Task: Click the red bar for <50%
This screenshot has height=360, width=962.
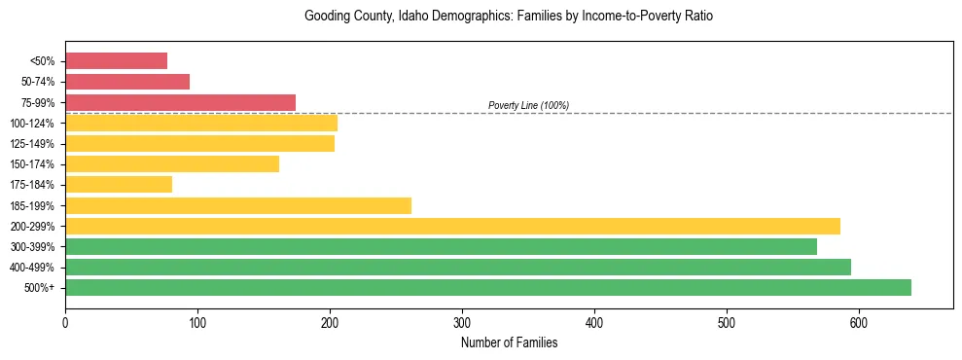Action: (116, 61)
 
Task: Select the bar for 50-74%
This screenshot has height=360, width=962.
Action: (127, 82)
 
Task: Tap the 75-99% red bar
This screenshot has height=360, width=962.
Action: (180, 102)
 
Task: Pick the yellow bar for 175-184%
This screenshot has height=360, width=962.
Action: (119, 185)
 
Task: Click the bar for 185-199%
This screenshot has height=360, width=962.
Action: (238, 205)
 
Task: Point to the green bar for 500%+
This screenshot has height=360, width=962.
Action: (488, 288)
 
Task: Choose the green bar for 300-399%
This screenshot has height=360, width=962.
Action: (441, 247)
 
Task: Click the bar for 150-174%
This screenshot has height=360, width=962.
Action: (172, 164)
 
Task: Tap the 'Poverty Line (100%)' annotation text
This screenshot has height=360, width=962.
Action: (528, 105)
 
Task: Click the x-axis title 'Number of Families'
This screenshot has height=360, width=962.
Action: (509, 342)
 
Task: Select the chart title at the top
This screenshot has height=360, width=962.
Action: (509, 17)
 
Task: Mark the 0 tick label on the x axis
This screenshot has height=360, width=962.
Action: (65, 322)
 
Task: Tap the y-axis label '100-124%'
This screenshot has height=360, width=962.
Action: (32, 124)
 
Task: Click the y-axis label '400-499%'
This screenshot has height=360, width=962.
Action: (32, 268)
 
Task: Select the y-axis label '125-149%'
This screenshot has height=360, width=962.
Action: (32, 144)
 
